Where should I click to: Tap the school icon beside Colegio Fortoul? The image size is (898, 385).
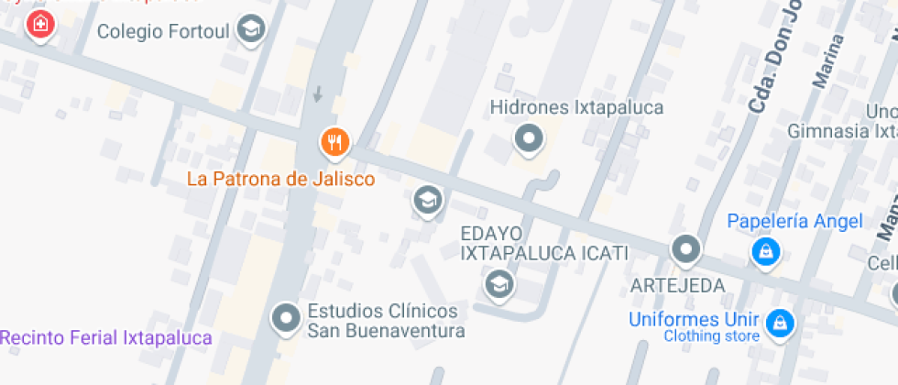(x=250, y=29)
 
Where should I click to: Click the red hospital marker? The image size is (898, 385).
(x=39, y=24)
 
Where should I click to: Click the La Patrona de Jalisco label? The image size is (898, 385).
(x=280, y=179)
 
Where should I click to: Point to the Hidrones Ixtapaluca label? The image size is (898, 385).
(x=576, y=107)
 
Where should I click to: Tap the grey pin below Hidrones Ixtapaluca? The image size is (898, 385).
(x=528, y=139)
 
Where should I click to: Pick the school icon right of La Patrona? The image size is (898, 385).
(x=426, y=200)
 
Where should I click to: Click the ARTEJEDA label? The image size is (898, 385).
(x=678, y=284)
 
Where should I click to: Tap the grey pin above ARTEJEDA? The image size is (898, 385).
(x=685, y=248)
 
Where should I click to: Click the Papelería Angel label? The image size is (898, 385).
(x=794, y=221)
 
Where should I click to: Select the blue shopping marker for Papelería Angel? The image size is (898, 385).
(x=765, y=250)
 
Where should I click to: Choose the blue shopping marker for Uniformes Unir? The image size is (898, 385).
(x=781, y=322)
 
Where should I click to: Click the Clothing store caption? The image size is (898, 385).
(x=711, y=335)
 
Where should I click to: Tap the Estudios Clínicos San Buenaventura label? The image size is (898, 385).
(x=386, y=320)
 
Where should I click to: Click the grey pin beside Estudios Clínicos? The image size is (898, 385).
(x=288, y=318)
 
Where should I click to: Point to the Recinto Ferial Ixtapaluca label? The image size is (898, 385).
(x=106, y=338)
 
